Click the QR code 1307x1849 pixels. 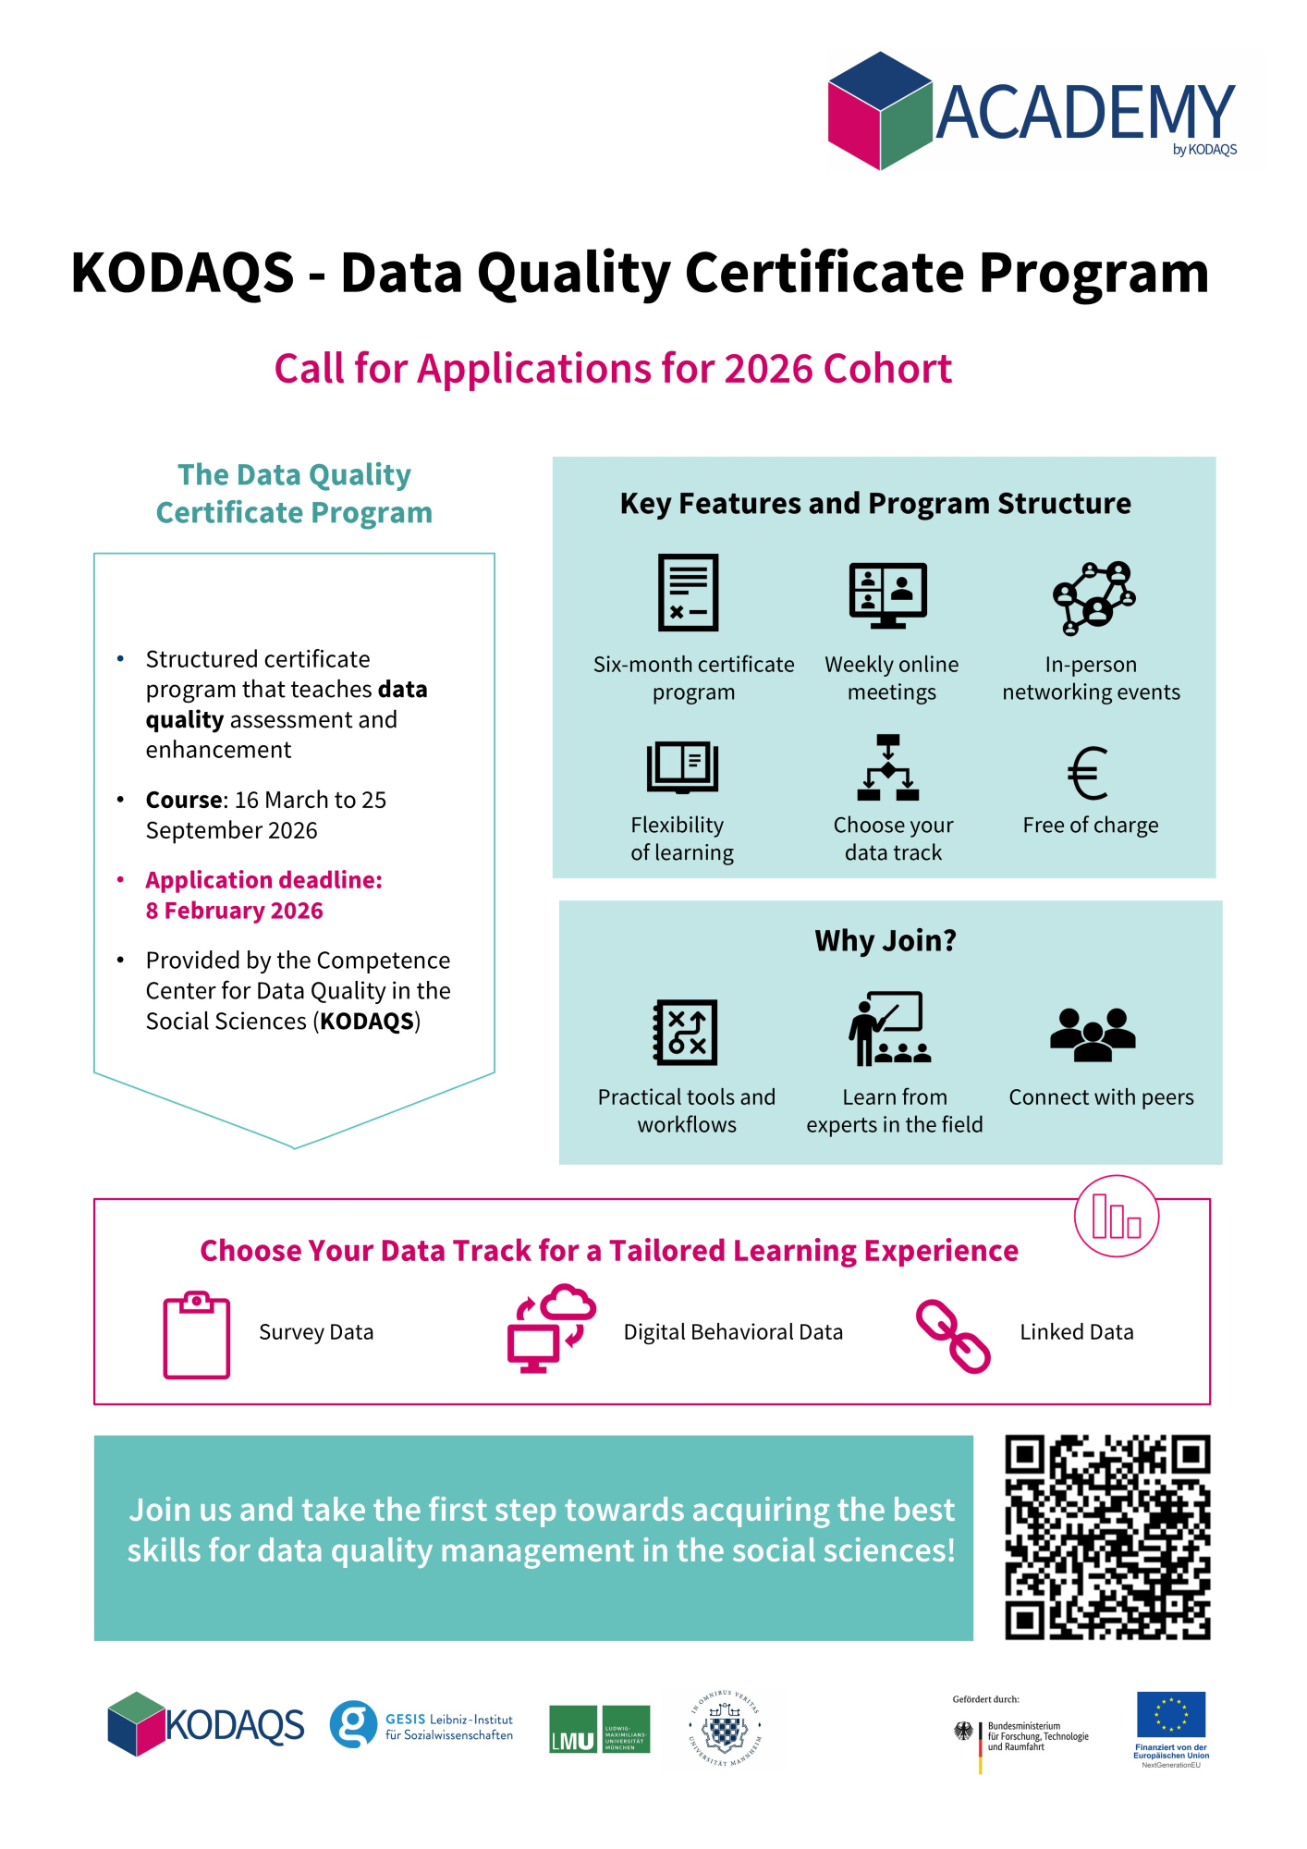(1107, 1537)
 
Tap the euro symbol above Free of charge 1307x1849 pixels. (1088, 773)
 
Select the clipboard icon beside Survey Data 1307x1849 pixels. (196, 1335)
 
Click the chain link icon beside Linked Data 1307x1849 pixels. (953, 1336)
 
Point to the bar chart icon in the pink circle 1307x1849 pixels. (1116, 1216)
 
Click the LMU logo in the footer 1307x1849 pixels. (599, 1729)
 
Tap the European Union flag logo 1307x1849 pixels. (1171, 1714)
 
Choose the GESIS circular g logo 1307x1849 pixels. (353, 1724)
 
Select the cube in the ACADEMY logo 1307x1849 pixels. (879, 111)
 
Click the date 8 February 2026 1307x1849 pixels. (234, 911)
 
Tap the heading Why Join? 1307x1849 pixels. (886, 940)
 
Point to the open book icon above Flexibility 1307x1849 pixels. (682, 767)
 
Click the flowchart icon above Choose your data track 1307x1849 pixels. (888, 767)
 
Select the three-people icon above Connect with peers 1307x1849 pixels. (1093, 1034)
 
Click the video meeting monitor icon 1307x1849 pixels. (888, 594)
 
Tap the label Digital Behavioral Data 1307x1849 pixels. (733, 1332)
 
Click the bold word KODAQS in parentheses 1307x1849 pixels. (367, 1021)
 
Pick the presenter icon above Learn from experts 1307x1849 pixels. (889, 1029)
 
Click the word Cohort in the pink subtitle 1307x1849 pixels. (887, 369)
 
